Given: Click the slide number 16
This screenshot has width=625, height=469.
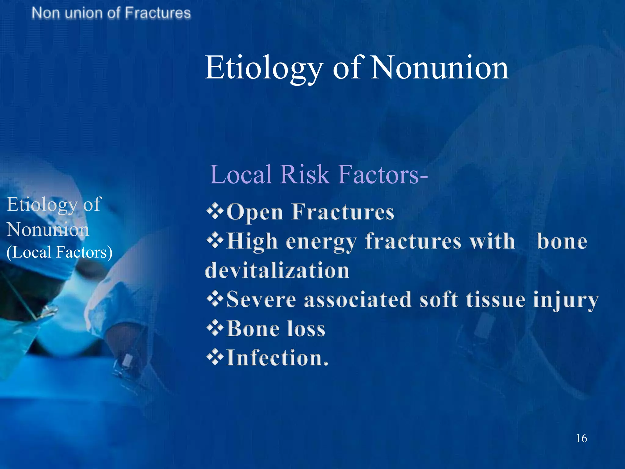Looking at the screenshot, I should click(x=581, y=438).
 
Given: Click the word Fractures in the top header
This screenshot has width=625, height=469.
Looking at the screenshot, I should click(x=158, y=13).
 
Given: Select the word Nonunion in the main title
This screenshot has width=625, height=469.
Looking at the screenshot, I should click(x=439, y=68).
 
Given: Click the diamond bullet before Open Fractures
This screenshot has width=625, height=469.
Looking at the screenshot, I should click(x=215, y=211).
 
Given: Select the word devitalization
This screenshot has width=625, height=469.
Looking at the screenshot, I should click(x=277, y=271).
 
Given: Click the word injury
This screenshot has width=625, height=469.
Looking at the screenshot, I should click(x=565, y=300).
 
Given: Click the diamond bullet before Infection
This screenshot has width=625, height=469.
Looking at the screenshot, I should click(x=215, y=358).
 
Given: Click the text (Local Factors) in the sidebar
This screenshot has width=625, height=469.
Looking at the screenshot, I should click(x=60, y=253).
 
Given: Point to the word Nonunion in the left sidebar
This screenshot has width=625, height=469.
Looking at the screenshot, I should click(x=48, y=229).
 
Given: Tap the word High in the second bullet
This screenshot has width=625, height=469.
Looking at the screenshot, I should click(x=252, y=241).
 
